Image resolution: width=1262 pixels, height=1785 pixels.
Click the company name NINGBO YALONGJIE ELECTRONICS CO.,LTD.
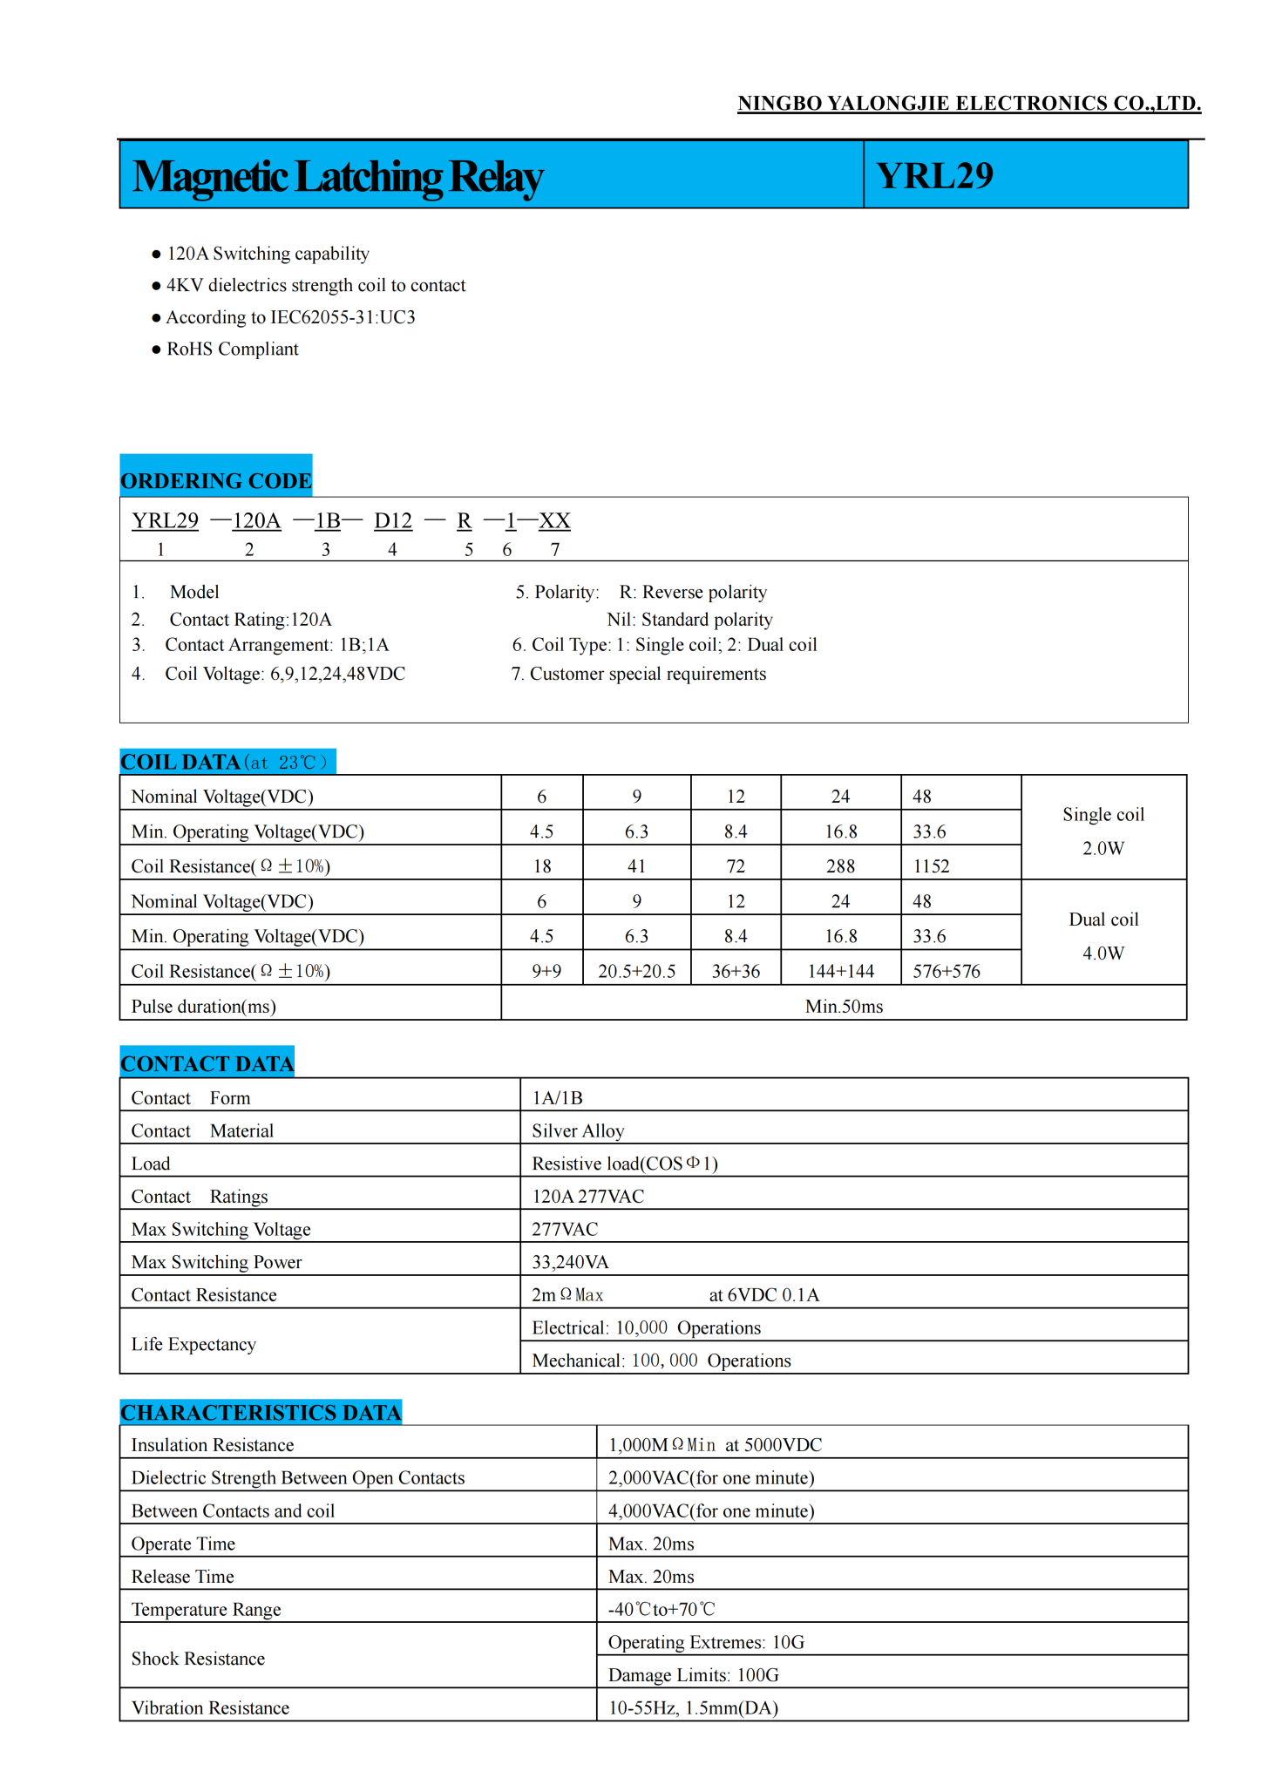tap(968, 104)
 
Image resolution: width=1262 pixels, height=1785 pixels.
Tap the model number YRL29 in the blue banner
tap(934, 176)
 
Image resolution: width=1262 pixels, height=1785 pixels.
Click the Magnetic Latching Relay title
tap(337, 177)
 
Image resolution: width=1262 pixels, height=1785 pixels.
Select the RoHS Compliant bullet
tap(232, 350)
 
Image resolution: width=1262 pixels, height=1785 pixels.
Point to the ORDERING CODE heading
tap(215, 481)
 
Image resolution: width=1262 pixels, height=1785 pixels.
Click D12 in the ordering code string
tap(393, 521)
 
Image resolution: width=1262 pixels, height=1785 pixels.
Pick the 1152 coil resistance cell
tap(931, 866)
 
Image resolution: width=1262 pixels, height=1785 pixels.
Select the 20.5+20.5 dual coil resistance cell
tap(636, 971)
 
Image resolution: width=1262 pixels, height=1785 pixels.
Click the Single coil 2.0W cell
tap(1103, 831)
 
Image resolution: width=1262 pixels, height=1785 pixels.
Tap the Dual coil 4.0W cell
tap(1103, 936)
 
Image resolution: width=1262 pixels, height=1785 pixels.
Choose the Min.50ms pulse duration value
tap(844, 1007)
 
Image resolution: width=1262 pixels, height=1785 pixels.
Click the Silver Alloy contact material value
tap(578, 1131)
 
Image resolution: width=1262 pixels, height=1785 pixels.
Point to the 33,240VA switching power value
tap(570, 1263)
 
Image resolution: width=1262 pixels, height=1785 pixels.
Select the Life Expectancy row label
tap(193, 1345)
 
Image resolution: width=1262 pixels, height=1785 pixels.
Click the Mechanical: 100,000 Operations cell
tap(662, 1361)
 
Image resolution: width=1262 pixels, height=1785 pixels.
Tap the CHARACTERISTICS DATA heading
tap(261, 1413)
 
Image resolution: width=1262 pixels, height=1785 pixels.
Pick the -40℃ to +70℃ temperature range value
tap(662, 1610)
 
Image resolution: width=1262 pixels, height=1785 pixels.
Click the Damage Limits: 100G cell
tap(693, 1676)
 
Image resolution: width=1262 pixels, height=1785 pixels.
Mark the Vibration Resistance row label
tap(210, 1708)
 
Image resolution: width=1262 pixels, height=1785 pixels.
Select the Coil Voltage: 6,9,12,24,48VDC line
tap(285, 675)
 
